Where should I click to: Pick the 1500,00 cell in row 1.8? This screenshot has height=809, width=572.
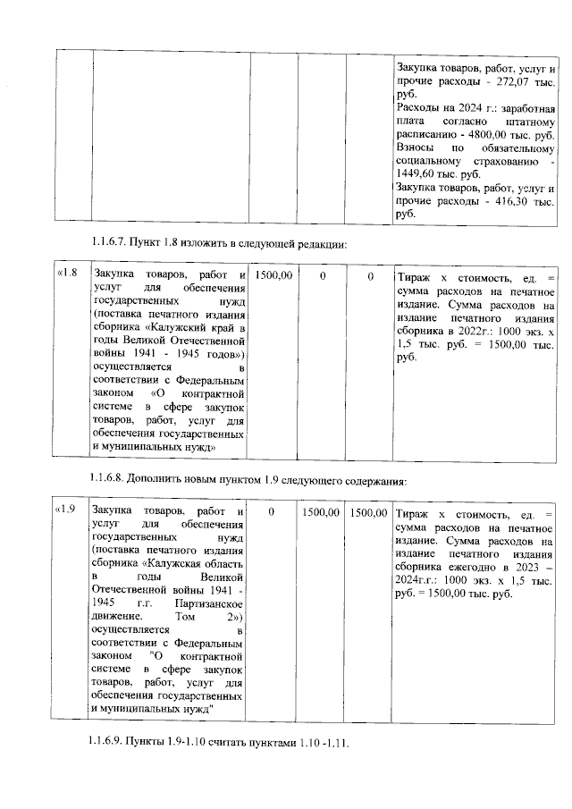pyautogui.click(x=273, y=276)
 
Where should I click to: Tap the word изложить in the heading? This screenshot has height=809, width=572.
pyautogui.click(x=199, y=243)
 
